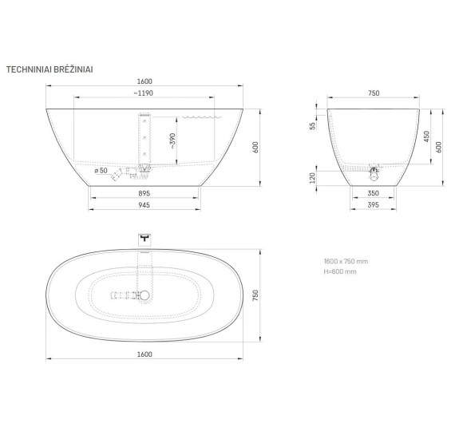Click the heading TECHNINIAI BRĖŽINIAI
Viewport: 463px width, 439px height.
(49, 69)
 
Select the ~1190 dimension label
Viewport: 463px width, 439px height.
(144, 93)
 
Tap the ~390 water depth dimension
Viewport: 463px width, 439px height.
(172, 140)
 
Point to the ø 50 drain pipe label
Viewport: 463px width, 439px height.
(101, 171)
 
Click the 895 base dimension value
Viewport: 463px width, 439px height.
(144, 193)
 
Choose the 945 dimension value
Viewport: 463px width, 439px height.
(144, 205)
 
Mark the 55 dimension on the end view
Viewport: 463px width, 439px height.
(312, 126)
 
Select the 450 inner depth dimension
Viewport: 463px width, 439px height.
(427, 136)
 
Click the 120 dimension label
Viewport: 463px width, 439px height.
(312, 178)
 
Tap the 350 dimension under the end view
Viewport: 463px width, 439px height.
(374, 193)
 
